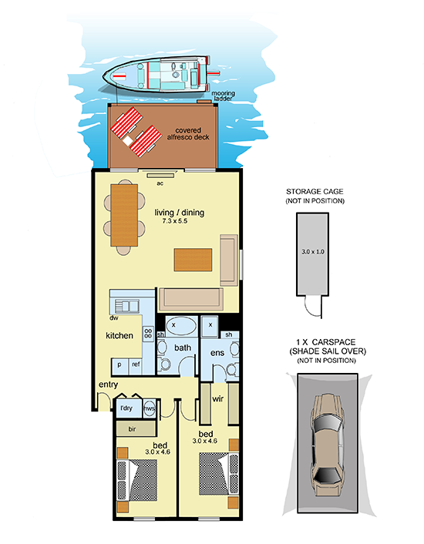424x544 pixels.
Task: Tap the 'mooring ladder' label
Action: pyautogui.click(x=223, y=96)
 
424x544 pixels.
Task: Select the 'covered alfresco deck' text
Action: pyautogui.click(x=188, y=133)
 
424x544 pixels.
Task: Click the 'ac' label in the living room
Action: pyautogui.click(x=160, y=183)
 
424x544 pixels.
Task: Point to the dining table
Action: pyautogui.click(x=124, y=216)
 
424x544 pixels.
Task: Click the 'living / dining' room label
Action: pyautogui.click(x=180, y=213)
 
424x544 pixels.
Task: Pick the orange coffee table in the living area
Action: pyautogui.click(x=193, y=260)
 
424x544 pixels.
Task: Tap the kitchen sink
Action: pyautogui.click(x=126, y=307)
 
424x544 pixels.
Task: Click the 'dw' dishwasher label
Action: pyautogui.click(x=114, y=317)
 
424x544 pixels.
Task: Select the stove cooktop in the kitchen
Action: pyautogui.click(x=149, y=334)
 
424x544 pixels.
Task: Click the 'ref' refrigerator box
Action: pyautogui.click(x=136, y=365)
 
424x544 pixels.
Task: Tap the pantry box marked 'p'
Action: pyautogui.click(x=119, y=366)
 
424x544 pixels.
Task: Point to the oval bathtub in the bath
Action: pyautogui.click(x=180, y=326)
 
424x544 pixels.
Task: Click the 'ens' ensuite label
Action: pyautogui.click(x=217, y=353)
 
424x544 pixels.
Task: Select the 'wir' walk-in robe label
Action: pyautogui.click(x=217, y=399)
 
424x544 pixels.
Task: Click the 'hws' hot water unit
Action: pyautogui.click(x=150, y=408)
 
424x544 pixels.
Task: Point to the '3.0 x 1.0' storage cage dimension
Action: pyautogui.click(x=313, y=251)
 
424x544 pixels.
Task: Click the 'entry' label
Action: pyautogui.click(x=108, y=384)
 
